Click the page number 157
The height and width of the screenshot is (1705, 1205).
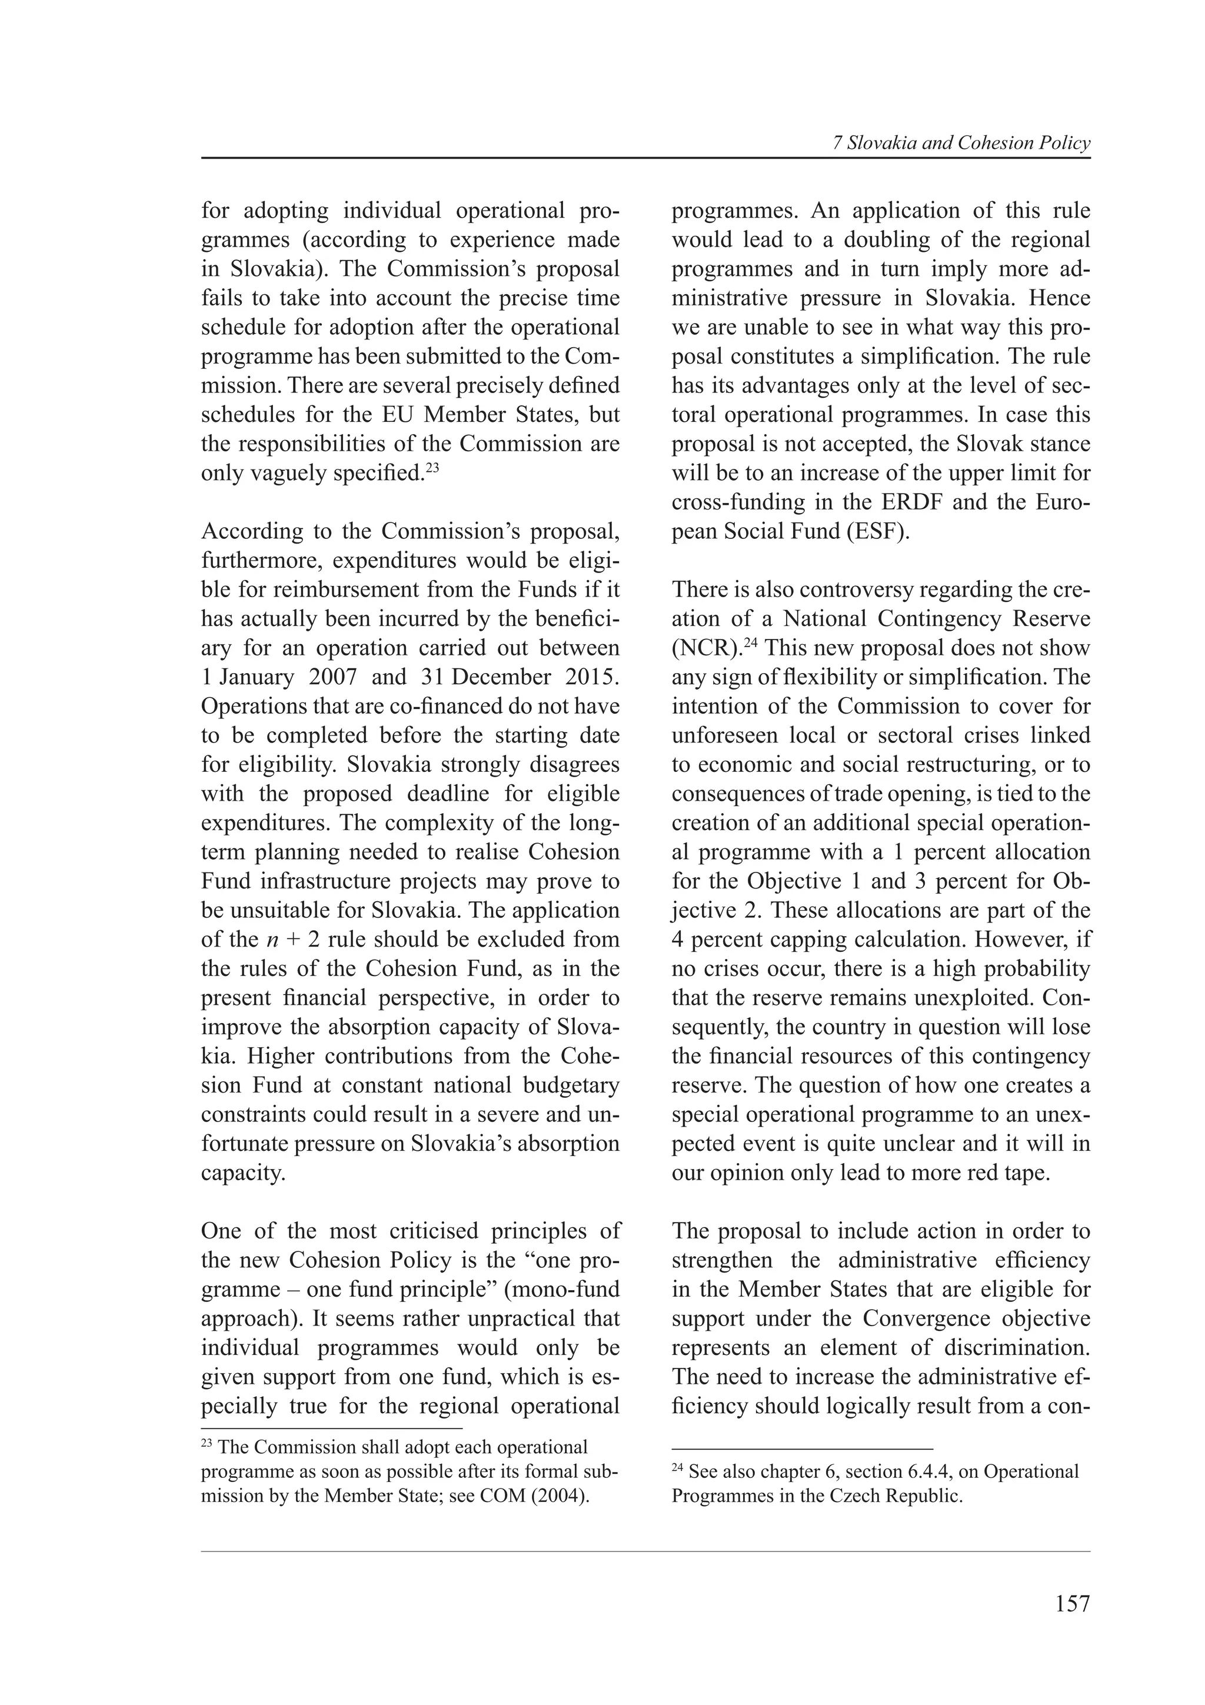(x=1072, y=1603)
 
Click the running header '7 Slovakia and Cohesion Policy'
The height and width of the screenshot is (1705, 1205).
(x=961, y=144)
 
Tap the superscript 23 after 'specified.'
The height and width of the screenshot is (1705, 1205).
(x=433, y=467)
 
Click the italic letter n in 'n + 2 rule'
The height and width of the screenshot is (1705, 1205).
(x=271, y=940)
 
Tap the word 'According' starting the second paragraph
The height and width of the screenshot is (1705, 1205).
(x=248, y=532)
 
